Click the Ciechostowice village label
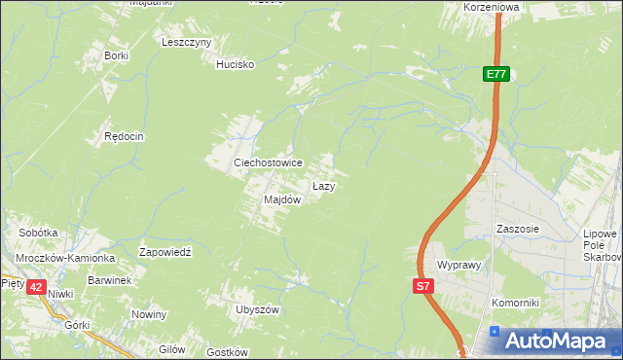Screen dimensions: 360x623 point(267,162)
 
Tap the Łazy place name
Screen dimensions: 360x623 point(324,185)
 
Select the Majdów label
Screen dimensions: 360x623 point(282,199)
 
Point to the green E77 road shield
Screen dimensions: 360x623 point(496,74)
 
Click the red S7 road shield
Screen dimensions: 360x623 point(422,286)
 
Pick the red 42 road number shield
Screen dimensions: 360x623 point(36,287)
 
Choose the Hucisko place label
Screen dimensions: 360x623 point(235,64)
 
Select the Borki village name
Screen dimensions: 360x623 point(116,55)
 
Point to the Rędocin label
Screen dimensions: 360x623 point(124,137)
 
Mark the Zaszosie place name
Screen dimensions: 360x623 point(517,230)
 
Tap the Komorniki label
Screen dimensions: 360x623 point(515,303)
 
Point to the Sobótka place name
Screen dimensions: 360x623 point(39,234)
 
